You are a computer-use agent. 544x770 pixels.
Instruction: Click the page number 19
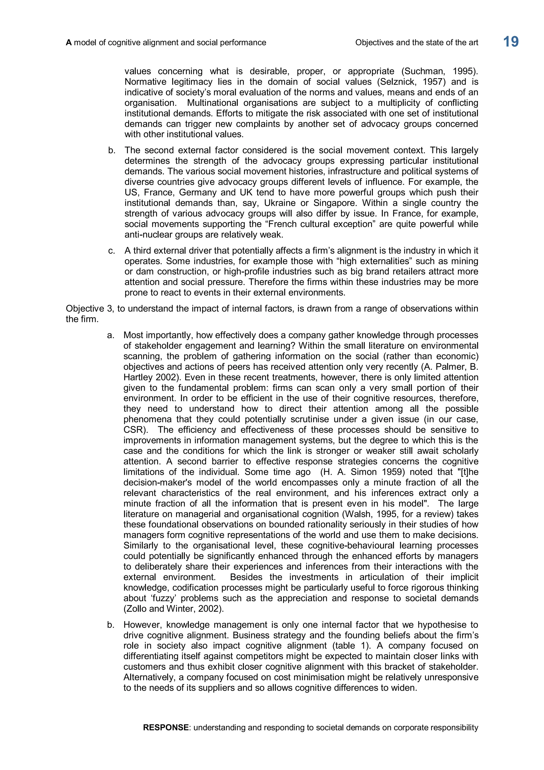tap(511, 42)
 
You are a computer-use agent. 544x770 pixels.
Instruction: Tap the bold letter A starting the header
tap(69, 43)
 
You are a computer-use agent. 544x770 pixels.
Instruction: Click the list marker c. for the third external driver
tap(112, 251)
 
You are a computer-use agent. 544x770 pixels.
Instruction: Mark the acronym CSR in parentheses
tap(133, 430)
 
